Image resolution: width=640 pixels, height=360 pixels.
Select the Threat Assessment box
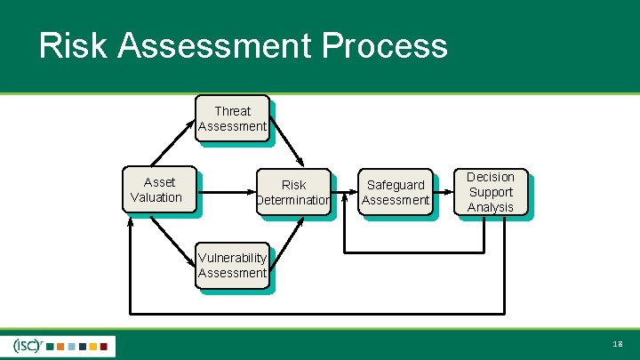232,118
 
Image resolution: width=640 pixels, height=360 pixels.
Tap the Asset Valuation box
156,189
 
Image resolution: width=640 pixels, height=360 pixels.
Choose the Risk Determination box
293,193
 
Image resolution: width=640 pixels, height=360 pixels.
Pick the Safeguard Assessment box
396,192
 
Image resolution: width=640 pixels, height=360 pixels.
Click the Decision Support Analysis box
491,192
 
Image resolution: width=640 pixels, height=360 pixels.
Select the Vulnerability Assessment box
232,266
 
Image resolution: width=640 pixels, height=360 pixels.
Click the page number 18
618,344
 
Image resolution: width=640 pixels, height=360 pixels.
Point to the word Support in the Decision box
491,192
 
